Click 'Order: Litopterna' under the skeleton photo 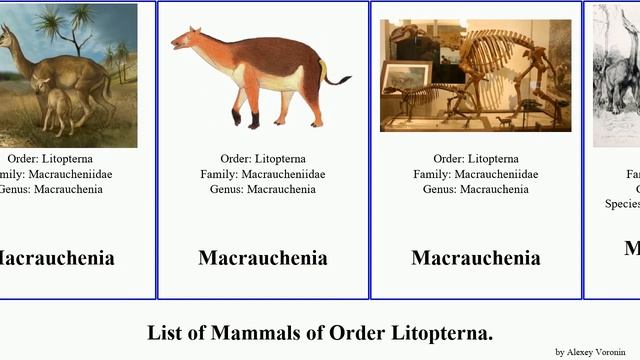tap(476, 159)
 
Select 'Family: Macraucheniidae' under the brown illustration tap(263, 174)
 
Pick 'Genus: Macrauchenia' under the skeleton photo tap(476, 189)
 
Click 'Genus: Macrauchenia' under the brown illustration tap(263, 189)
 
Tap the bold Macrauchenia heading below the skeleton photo tap(476, 258)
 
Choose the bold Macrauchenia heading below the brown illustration tap(263, 258)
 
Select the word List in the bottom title tap(167, 332)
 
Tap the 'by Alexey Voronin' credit tap(596, 352)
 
